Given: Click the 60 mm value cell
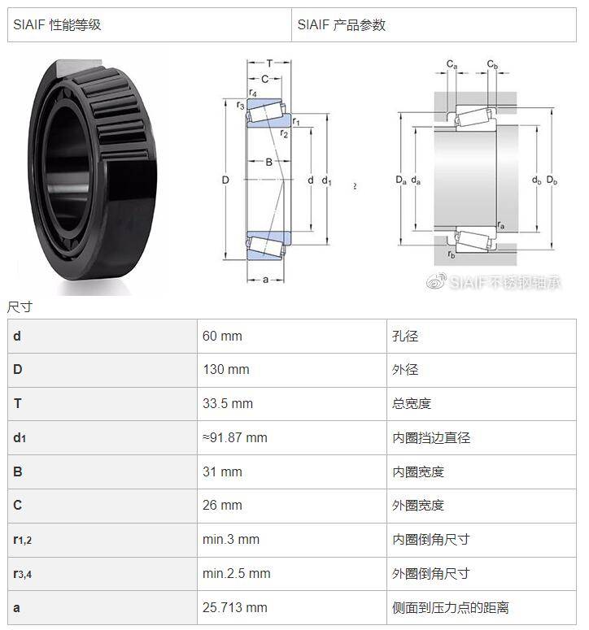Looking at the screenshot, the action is pyautogui.click(x=222, y=336).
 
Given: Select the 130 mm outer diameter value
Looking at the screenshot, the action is pyautogui.click(x=226, y=370).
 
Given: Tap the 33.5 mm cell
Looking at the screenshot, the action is pyautogui.click(x=228, y=403).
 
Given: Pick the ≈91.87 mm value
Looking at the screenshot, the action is pyautogui.click(x=235, y=437).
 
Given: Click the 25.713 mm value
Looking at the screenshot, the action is pyautogui.click(x=235, y=607).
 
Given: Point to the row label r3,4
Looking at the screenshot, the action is pyautogui.click(x=23, y=574).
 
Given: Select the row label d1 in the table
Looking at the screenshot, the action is pyautogui.click(x=20, y=437).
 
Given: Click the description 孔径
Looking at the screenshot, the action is pyautogui.click(x=405, y=336).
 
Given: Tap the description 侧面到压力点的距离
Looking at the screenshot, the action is pyautogui.click(x=451, y=607).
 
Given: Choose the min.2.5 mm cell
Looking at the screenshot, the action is pyautogui.click(x=237, y=573).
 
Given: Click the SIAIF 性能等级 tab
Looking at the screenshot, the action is pyautogui.click(x=57, y=25).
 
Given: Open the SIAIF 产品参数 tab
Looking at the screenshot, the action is pyautogui.click(x=342, y=25).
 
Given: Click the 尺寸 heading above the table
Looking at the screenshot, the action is pyautogui.click(x=20, y=307).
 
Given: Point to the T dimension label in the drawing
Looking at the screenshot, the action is pyautogui.click(x=269, y=63).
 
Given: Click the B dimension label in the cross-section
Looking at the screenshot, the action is pyautogui.click(x=269, y=162).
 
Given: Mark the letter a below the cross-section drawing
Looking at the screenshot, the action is pyautogui.click(x=265, y=280).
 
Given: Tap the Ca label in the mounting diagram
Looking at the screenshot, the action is pyautogui.click(x=452, y=64).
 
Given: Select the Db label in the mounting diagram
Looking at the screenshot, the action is pyautogui.click(x=552, y=180).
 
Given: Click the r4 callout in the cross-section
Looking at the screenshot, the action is pyautogui.click(x=252, y=93).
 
